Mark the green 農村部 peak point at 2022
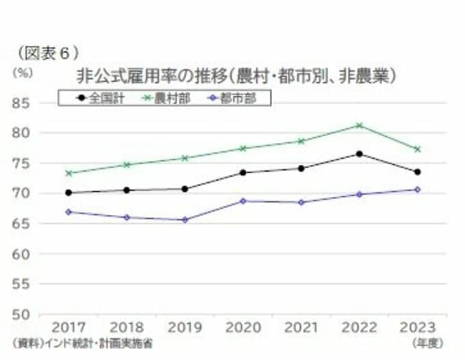[x=359, y=125]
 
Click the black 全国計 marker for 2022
[x=359, y=154]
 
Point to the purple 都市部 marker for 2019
[x=185, y=220]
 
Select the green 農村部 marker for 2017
[x=68, y=173]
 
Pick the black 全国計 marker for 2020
[x=243, y=172]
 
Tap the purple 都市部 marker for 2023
[x=417, y=190]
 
